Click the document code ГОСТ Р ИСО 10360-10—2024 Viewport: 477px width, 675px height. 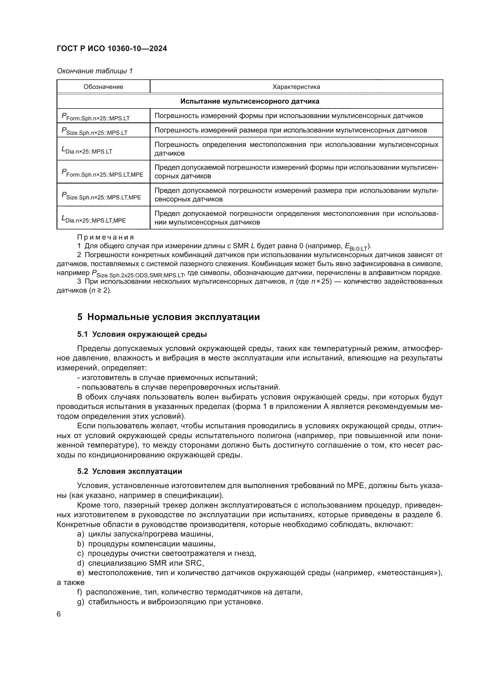point(112,49)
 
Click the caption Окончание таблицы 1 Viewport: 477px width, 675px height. point(95,71)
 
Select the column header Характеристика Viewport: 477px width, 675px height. point(296,87)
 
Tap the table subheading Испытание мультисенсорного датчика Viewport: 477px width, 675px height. point(250,101)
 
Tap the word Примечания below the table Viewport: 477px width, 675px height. point(106,237)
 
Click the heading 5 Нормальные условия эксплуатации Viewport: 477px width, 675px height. point(168,317)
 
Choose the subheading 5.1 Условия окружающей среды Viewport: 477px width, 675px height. point(142,334)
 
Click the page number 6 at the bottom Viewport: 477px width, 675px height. point(59,614)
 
